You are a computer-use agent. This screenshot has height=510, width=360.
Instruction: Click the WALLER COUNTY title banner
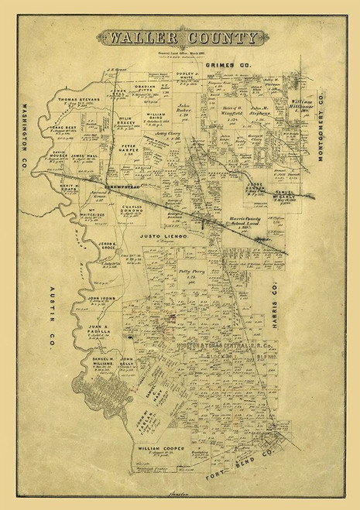click(x=180, y=37)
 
